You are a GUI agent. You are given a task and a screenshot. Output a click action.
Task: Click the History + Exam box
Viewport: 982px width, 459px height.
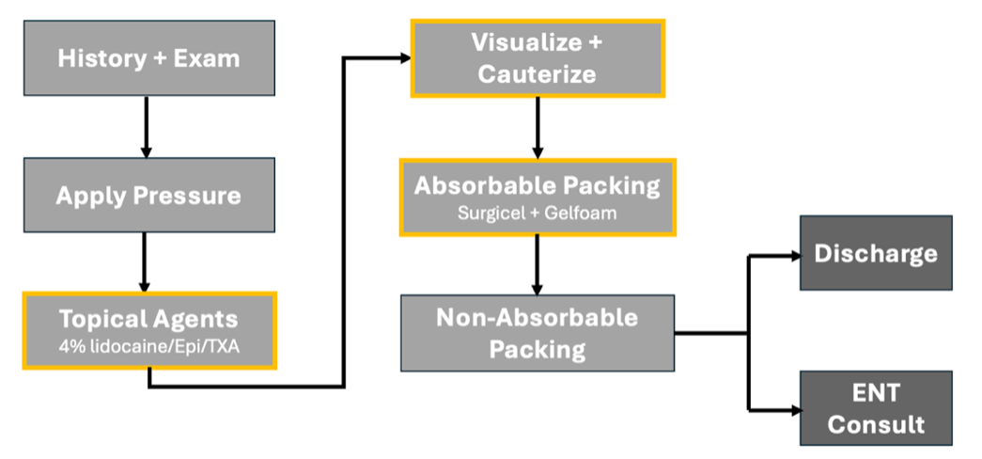click(148, 58)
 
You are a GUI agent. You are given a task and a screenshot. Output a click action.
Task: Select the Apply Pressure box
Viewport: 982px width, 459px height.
click(148, 196)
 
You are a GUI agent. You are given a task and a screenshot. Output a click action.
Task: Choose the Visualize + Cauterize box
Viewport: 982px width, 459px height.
click(537, 58)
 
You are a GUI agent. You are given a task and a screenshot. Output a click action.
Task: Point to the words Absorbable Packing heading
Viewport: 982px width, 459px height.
click(537, 184)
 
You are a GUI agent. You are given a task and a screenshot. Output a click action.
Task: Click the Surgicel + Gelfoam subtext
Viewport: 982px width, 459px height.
click(537, 213)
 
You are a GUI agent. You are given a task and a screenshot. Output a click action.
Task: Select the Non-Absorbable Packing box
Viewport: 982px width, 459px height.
click(537, 332)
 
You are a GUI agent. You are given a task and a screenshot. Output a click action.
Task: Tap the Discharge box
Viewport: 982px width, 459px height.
click(875, 253)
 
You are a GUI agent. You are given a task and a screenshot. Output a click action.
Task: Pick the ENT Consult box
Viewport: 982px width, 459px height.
click(875, 408)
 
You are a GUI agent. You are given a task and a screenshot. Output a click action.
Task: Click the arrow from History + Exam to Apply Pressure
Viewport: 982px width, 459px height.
click(147, 126)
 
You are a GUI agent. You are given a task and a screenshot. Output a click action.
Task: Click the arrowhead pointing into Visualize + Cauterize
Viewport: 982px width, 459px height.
click(405, 58)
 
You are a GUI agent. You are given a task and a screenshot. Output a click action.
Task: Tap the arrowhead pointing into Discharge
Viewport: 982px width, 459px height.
click(793, 254)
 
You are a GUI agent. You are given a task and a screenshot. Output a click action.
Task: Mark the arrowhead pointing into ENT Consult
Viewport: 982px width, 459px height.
click(793, 409)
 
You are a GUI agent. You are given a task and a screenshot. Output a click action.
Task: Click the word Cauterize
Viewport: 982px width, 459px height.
click(537, 74)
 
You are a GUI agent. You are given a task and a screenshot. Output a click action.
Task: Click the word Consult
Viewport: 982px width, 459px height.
click(875, 424)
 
